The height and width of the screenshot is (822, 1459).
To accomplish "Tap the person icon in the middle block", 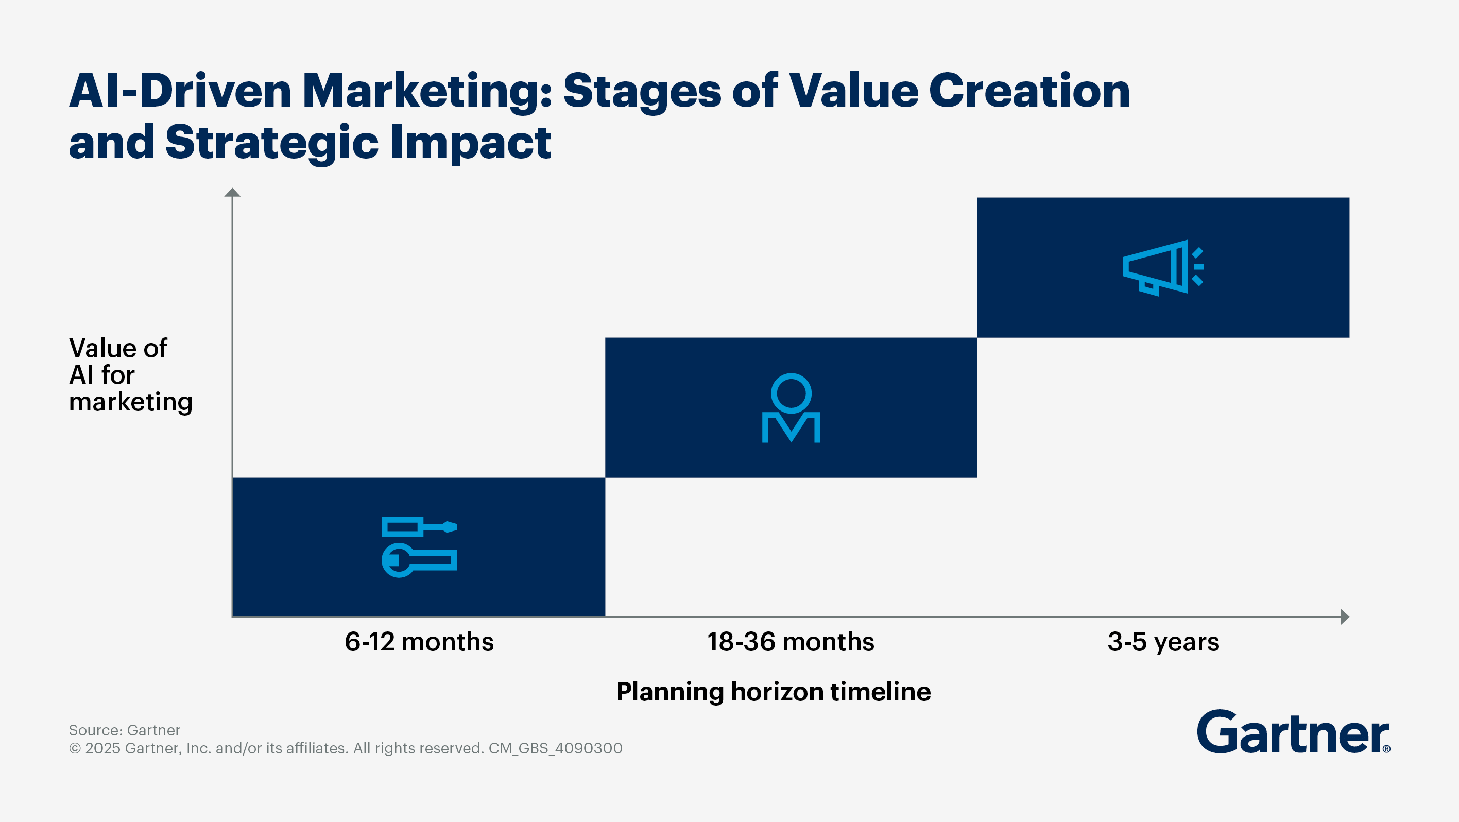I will (x=791, y=408).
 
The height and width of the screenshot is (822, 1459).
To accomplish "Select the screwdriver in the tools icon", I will (x=419, y=527).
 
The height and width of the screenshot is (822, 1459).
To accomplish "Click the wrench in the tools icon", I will (x=419, y=560).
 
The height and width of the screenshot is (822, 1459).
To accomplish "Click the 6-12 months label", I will (x=419, y=642).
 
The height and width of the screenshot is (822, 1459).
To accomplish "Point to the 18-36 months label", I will (x=791, y=642).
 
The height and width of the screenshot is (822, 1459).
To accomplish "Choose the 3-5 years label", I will (x=1163, y=642).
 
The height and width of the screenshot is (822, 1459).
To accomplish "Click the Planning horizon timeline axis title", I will (x=773, y=692).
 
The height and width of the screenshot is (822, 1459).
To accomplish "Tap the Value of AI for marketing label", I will (x=130, y=374).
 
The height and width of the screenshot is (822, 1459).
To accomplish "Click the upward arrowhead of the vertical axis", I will (x=232, y=193).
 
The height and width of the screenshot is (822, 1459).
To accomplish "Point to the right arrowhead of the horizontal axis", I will (x=1345, y=616).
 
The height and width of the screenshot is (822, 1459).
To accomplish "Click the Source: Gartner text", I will (x=125, y=730).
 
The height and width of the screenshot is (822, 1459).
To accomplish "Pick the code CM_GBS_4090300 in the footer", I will (x=555, y=748).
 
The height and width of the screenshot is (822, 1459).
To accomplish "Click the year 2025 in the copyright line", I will (x=102, y=748).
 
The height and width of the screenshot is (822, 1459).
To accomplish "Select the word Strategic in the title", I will (x=272, y=143).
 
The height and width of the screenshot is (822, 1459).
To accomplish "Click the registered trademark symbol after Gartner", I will (x=1386, y=749).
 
